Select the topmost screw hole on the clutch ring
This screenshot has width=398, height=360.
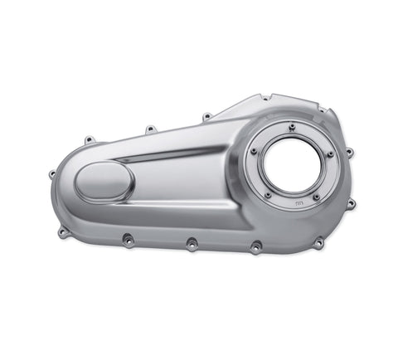(292, 125)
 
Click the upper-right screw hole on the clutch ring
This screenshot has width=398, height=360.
(329, 153)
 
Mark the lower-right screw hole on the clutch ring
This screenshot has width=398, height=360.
(316, 197)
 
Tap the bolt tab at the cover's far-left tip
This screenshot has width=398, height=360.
(52, 174)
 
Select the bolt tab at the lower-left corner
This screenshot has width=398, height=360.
(63, 232)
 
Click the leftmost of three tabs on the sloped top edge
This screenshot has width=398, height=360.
(88, 139)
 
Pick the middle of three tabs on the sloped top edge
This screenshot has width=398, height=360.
(150, 129)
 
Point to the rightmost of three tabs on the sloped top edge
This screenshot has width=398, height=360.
(206, 116)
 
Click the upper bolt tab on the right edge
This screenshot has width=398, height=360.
(349, 152)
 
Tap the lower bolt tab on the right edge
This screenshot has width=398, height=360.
(351, 203)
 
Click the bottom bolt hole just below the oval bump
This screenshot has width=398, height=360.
(127, 240)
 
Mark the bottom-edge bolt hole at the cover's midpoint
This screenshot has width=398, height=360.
(192, 245)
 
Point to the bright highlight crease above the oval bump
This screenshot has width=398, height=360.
(166, 156)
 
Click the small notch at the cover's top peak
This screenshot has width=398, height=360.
(265, 98)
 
